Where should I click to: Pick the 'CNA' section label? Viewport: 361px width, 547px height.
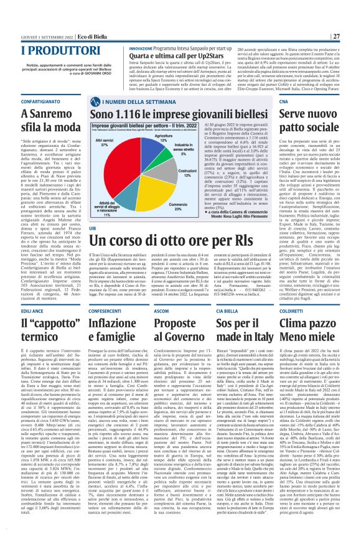click(284, 82)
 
